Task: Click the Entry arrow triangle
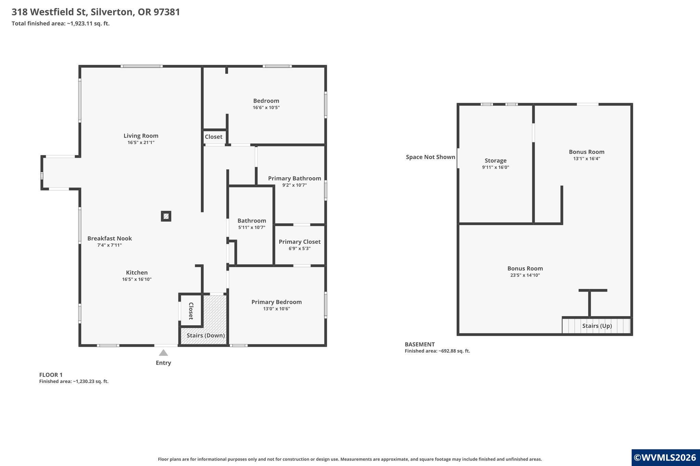163,353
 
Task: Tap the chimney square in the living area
166,216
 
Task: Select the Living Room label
141,136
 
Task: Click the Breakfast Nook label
109,238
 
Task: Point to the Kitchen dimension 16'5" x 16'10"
137,279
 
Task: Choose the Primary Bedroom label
277,302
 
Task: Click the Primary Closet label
299,242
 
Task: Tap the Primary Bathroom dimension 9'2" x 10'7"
295,185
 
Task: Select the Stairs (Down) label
206,335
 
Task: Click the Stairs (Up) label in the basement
597,326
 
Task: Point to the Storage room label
496,160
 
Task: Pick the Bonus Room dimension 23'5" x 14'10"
525,275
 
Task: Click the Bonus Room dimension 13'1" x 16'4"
587,158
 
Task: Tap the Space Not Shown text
431,157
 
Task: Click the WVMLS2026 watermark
665,457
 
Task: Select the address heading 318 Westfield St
50,12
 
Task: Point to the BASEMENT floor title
420,344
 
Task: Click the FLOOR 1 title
51,375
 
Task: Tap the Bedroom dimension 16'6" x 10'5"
266,108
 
